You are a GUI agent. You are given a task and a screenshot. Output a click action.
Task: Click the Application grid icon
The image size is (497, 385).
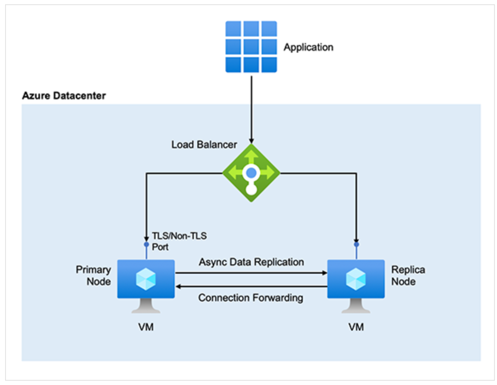point(251,47)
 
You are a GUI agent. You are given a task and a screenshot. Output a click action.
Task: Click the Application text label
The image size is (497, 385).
point(308,47)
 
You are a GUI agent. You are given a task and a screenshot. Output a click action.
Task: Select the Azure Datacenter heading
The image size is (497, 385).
point(64,96)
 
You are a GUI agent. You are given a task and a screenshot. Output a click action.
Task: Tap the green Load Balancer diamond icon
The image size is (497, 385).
point(251,173)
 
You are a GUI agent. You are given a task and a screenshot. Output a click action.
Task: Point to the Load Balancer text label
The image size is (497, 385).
point(204,144)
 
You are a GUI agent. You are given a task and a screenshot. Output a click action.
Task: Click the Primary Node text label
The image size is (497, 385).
point(94,275)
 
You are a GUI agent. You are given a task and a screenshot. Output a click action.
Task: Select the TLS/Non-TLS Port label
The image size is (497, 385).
point(179,241)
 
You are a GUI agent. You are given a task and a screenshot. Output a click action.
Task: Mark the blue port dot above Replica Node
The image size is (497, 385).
point(356,245)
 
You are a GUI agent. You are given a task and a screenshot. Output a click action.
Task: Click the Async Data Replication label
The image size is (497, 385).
point(251,262)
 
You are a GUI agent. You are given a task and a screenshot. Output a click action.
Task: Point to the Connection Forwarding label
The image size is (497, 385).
point(251,297)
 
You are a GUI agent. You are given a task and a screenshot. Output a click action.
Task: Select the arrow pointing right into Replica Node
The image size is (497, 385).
point(251,273)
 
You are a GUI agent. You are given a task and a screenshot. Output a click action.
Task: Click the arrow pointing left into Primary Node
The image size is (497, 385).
point(251,286)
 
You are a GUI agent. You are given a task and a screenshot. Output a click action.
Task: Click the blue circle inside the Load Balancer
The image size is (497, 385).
point(251,173)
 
